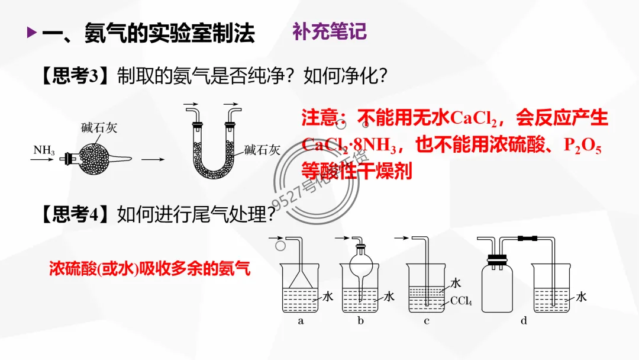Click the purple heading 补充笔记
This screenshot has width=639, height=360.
point(330,31)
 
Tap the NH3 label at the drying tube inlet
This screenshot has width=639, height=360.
point(44,150)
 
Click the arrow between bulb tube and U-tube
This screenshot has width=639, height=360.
point(153,159)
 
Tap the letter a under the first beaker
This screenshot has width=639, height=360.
point(301,322)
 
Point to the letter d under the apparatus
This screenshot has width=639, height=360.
point(523,322)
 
